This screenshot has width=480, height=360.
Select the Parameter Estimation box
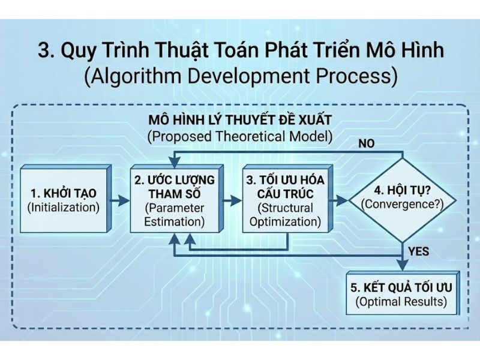coord(174,200)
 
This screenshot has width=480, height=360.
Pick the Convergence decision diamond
coord(401,198)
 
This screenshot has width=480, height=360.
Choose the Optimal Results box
coord(401,293)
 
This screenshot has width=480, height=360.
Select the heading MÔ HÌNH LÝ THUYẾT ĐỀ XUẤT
coord(239,118)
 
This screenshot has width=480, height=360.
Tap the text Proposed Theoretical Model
coord(239,136)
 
